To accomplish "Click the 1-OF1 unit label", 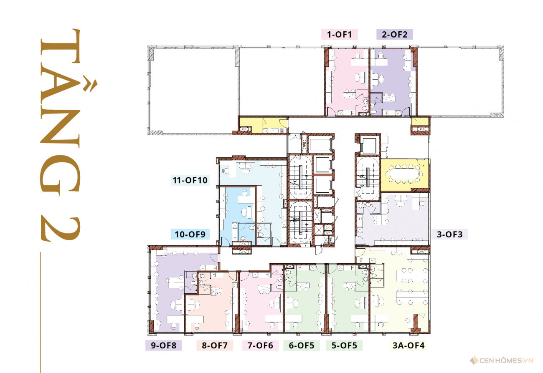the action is [339, 34].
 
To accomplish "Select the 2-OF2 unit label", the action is [395, 34].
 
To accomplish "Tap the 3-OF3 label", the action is [450, 234].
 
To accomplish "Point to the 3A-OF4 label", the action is [409, 345].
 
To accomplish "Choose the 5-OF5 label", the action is [344, 345].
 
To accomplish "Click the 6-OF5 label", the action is [302, 345].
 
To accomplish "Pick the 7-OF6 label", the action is [260, 345].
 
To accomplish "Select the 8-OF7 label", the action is [215, 345].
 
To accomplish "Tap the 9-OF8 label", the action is [164, 345].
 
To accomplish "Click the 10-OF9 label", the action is [190, 234].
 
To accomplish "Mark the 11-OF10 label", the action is [190, 180].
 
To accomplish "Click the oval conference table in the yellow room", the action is [404, 174].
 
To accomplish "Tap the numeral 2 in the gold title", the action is [60, 228].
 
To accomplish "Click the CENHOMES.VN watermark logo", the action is [502, 360].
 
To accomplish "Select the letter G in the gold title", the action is [60, 175].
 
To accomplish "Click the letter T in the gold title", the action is [60, 46].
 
